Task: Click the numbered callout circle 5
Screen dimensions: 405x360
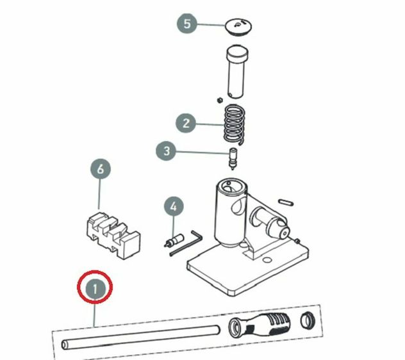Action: click(187, 24)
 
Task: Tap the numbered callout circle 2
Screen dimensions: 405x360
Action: click(186, 123)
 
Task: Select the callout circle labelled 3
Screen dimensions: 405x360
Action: click(166, 151)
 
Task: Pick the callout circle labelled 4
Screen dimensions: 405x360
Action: click(174, 207)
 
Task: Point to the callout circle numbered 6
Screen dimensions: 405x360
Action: click(100, 169)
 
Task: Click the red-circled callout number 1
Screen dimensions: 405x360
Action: click(95, 288)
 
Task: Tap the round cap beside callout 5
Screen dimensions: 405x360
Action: click(238, 27)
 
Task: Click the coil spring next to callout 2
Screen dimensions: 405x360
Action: click(234, 124)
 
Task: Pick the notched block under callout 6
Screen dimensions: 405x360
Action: click(113, 235)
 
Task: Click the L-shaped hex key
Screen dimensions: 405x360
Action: click(186, 243)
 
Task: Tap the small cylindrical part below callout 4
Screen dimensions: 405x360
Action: click(174, 240)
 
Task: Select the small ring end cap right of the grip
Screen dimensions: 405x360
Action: click(308, 320)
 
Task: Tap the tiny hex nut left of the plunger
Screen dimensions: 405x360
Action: click(220, 100)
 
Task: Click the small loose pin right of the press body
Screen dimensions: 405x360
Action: click(286, 202)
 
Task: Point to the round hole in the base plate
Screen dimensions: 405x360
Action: click(267, 260)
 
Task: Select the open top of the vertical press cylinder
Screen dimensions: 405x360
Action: click(231, 186)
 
